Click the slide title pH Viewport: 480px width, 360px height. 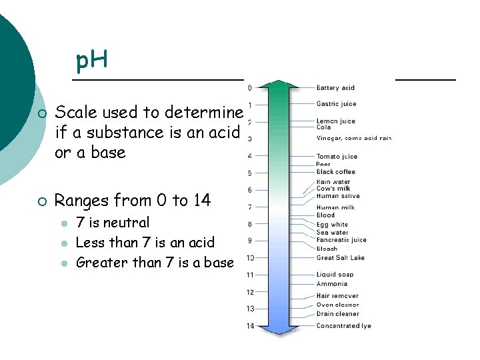(x=91, y=62)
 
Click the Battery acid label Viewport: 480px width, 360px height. (x=335, y=88)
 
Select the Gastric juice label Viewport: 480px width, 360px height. (x=336, y=104)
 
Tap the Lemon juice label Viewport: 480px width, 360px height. (x=335, y=121)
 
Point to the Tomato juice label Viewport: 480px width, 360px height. (x=337, y=157)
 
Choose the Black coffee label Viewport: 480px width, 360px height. (x=335, y=172)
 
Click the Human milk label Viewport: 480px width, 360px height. (x=335, y=207)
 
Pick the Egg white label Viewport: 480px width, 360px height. (x=332, y=225)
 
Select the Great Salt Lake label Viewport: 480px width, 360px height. (x=340, y=258)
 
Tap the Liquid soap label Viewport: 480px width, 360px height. (x=335, y=275)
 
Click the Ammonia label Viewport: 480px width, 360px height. (x=331, y=284)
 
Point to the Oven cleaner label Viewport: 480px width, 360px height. (x=337, y=305)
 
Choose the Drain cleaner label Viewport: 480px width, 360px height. (x=337, y=314)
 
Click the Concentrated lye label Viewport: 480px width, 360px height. (x=343, y=326)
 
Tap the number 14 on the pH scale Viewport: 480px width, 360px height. (x=250, y=326)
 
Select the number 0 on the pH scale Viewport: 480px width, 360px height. (x=250, y=88)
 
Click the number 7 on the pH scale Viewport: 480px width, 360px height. (x=250, y=207)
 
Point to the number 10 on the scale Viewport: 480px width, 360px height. (x=250, y=258)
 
